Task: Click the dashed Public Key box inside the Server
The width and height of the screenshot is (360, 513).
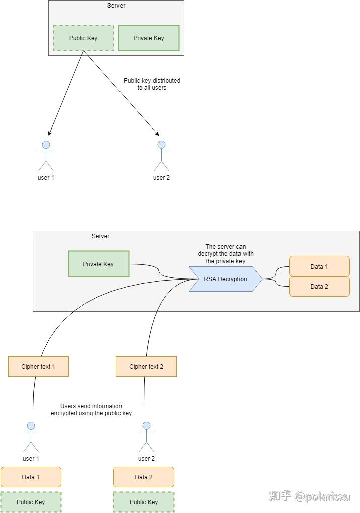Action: pos(83,38)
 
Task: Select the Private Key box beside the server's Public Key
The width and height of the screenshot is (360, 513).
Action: pos(149,38)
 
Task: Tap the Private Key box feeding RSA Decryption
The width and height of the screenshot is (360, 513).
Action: pos(98,264)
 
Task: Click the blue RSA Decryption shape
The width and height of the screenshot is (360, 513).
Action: pos(225,279)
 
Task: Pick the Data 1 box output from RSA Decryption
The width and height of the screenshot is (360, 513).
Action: pos(319,266)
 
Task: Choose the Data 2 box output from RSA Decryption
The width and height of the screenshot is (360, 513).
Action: pos(319,287)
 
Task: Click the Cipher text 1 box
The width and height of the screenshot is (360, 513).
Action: pos(38,366)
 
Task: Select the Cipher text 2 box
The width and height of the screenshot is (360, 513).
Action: pos(146,366)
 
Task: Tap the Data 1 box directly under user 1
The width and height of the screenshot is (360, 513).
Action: pos(31,477)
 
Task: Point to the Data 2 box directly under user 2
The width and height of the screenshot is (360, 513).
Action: pos(144,477)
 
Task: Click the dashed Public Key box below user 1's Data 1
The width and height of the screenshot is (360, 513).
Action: pos(31,502)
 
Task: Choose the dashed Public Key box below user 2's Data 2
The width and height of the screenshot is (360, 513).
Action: pos(144,502)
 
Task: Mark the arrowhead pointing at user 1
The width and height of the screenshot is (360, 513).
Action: pos(49,133)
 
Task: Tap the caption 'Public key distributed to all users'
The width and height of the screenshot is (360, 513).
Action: pos(152,84)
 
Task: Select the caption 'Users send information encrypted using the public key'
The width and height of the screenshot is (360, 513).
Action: pos(91,409)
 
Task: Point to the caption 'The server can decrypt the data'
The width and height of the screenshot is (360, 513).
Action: pos(225,253)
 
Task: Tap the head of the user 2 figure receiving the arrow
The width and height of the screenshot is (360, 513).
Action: pos(161,145)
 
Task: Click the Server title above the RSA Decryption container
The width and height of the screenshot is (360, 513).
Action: pos(100,236)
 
